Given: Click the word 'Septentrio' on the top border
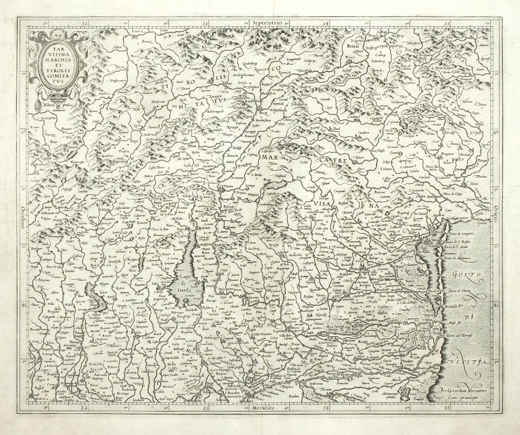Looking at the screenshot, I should click(x=267, y=22).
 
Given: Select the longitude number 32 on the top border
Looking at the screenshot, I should click(x=85, y=23).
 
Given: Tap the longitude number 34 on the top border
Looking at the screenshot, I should click(x=327, y=23).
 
